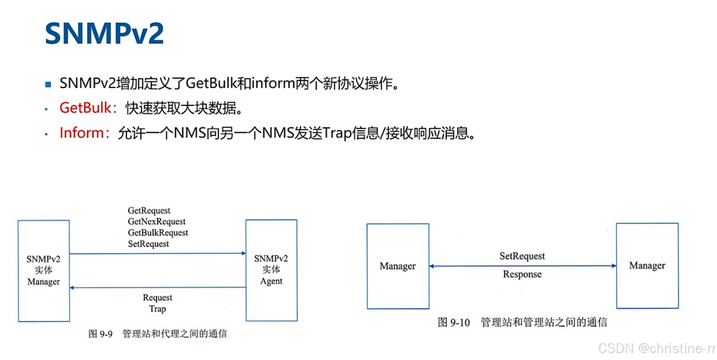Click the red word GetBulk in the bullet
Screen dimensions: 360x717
pyautogui.click(x=85, y=108)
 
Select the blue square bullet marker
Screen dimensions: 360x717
pyautogui.click(x=48, y=84)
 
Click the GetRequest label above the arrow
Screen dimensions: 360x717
pyautogui.click(x=149, y=211)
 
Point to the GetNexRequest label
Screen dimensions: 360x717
pyautogui.click(x=156, y=222)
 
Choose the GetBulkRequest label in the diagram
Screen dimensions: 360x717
pyautogui.click(x=158, y=233)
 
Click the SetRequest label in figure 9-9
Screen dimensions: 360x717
pyautogui.click(x=148, y=244)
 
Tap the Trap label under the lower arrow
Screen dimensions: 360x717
pyautogui.click(x=157, y=309)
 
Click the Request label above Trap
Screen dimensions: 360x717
pyautogui.click(x=157, y=298)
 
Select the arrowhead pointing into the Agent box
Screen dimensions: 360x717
pyautogui.click(x=243, y=253)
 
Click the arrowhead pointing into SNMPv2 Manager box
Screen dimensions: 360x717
pyautogui.click(x=72, y=288)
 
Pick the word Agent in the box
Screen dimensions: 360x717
pyautogui.click(x=271, y=281)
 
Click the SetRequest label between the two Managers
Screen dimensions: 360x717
pyautogui.click(x=522, y=256)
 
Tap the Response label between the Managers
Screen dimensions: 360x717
pyautogui.click(x=522, y=274)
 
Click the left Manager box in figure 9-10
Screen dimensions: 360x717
pyautogui.click(x=398, y=266)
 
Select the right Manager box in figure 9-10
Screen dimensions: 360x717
pyautogui.click(x=647, y=266)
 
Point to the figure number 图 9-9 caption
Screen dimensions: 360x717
pyautogui.click(x=100, y=334)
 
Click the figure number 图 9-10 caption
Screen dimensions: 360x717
pyautogui.click(x=454, y=322)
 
